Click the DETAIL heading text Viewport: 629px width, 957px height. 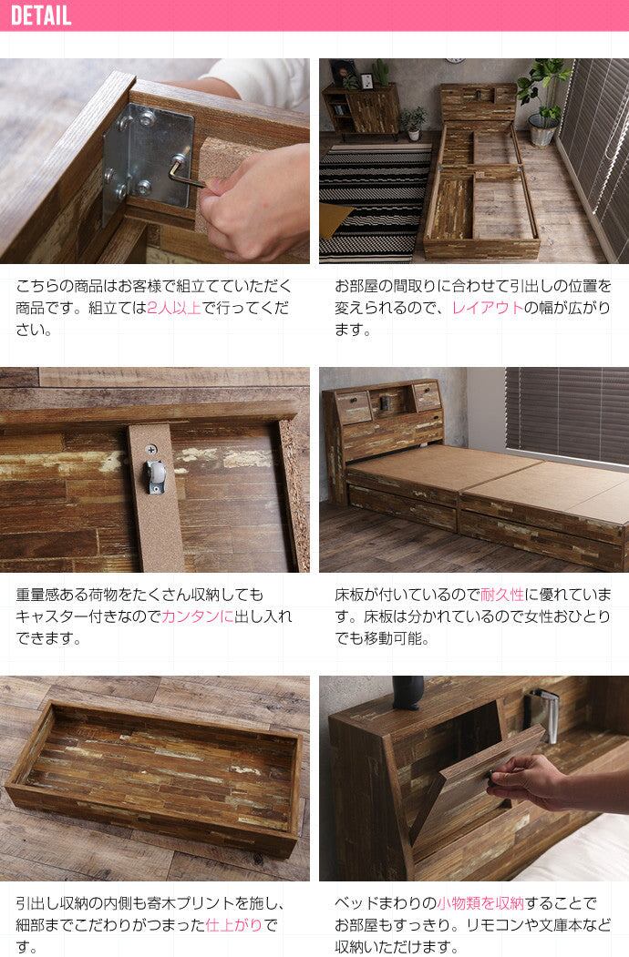click(41, 15)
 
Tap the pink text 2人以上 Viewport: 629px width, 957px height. click(174, 308)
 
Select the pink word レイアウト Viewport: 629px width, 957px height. click(487, 308)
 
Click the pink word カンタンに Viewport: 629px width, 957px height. click(198, 616)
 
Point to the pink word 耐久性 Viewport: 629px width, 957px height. click(502, 595)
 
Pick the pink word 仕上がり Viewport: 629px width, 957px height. click(234, 925)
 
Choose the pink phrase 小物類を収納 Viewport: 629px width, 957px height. click(480, 903)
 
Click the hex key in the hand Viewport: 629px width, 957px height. click(185, 173)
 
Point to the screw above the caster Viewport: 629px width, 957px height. click(151, 451)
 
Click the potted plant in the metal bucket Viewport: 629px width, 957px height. click(541, 101)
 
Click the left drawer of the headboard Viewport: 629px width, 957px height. click(353, 408)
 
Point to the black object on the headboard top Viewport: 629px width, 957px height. click(407, 693)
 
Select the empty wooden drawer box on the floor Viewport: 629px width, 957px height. click(154, 779)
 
